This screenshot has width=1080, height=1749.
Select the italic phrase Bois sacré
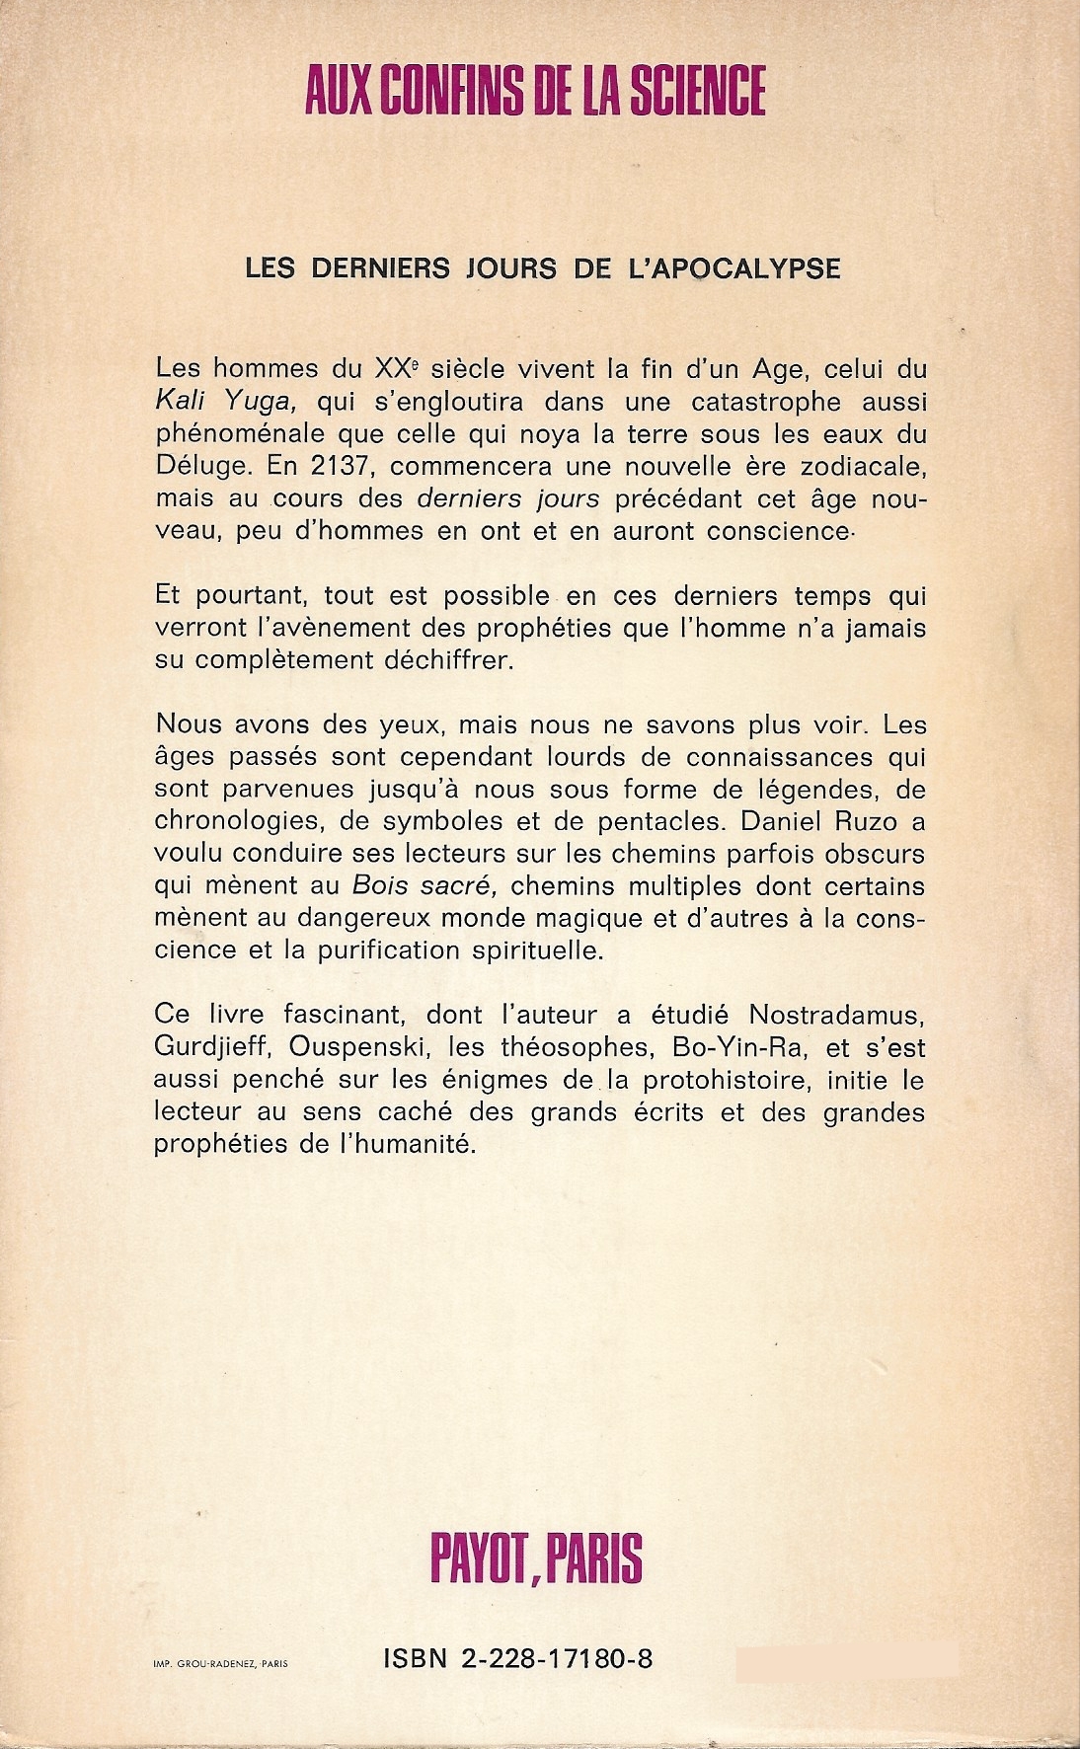click(x=422, y=885)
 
